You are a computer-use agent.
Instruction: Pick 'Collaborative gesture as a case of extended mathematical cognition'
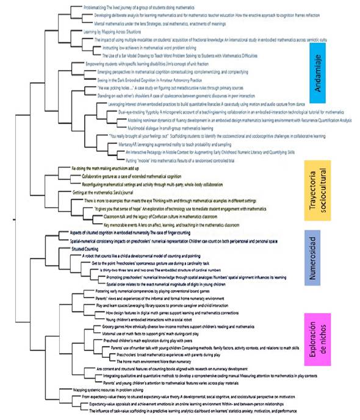pos(134,175)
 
